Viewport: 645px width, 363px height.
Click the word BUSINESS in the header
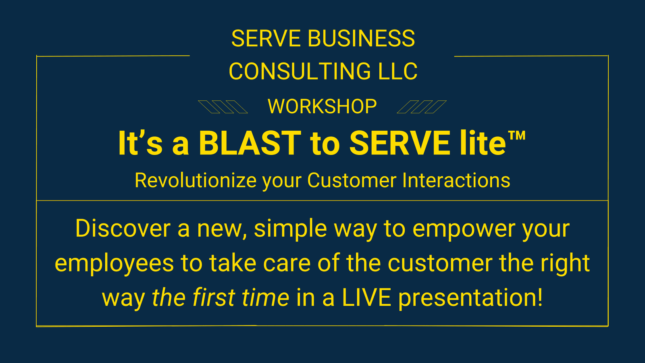(x=361, y=38)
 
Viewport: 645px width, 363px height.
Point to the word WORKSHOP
(x=322, y=106)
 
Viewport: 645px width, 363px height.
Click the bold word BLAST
(x=250, y=143)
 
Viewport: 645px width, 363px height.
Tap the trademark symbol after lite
(x=517, y=136)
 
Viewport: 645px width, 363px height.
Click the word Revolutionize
(x=196, y=181)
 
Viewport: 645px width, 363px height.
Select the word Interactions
(x=456, y=181)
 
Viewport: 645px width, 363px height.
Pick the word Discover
(x=123, y=228)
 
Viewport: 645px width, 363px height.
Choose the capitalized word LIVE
(x=366, y=298)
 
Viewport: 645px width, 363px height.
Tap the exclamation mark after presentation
(x=540, y=298)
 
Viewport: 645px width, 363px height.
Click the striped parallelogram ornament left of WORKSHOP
(x=223, y=107)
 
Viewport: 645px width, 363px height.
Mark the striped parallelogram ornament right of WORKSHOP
(x=422, y=107)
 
